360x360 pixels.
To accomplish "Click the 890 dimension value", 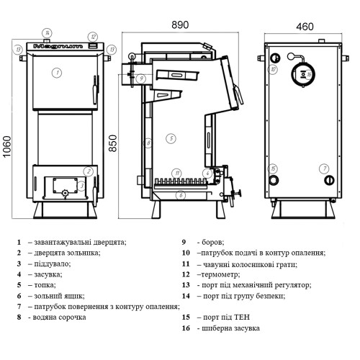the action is (x=180, y=24).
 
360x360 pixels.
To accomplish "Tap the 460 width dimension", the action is (x=305, y=27).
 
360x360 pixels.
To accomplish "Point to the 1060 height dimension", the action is (x=7, y=147).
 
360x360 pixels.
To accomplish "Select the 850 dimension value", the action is (x=112, y=143).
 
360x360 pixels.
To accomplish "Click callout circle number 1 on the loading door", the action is (x=57, y=73).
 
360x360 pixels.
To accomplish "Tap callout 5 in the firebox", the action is (x=171, y=138).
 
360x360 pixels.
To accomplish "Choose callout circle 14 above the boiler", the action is (x=47, y=33).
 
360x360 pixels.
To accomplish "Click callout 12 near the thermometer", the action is (x=93, y=37).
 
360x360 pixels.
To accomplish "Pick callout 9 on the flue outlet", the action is (x=141, y=78).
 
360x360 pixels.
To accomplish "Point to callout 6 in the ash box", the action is (x=181, y=195).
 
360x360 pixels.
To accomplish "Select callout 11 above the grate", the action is (x=177, y=173).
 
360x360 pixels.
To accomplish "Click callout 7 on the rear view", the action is (x=324, y=168).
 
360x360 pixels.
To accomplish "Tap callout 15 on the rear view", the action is (x=273, y=168).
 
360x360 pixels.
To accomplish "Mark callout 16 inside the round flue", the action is (x=309, y=74).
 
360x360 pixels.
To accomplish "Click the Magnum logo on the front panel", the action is (x=58, y=46).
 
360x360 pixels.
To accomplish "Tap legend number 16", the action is (x=186, y=328).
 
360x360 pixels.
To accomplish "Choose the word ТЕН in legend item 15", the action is (x=242, y=318).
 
